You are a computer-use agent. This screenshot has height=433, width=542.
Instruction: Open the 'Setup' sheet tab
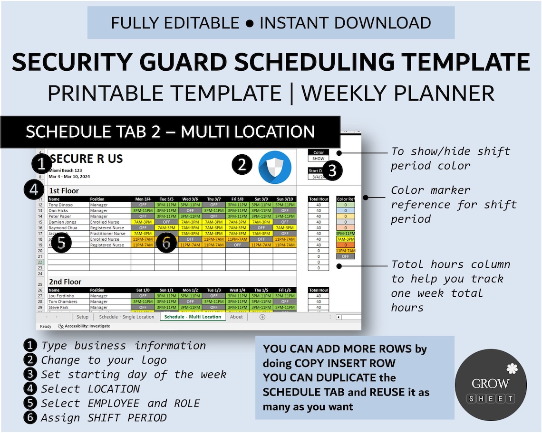coord(82,317)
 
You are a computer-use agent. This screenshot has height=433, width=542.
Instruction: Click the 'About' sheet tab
coord(236,317)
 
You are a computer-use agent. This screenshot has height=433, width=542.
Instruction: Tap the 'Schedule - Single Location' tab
coord(126,317)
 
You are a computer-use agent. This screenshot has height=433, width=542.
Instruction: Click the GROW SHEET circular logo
coord(491,385)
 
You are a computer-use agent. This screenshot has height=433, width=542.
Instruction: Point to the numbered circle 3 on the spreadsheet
coord(332,170)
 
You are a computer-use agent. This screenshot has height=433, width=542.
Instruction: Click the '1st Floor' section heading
coord(64,191)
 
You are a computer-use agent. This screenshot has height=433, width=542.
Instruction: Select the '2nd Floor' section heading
coord(65,282)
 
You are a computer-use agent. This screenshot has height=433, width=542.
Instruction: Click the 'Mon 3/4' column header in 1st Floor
coord(143,199)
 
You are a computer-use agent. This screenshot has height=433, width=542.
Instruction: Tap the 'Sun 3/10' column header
coord(284,199)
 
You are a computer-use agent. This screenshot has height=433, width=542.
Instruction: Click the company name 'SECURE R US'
coord(87,159)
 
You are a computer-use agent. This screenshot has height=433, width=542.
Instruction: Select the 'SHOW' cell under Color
coord(318,159)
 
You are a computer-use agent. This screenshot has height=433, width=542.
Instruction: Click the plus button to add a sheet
coord(262,317)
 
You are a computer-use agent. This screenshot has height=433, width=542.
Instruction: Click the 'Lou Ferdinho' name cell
coord(61,296)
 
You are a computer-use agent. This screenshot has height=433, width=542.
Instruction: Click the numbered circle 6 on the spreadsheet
coord(166,243)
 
